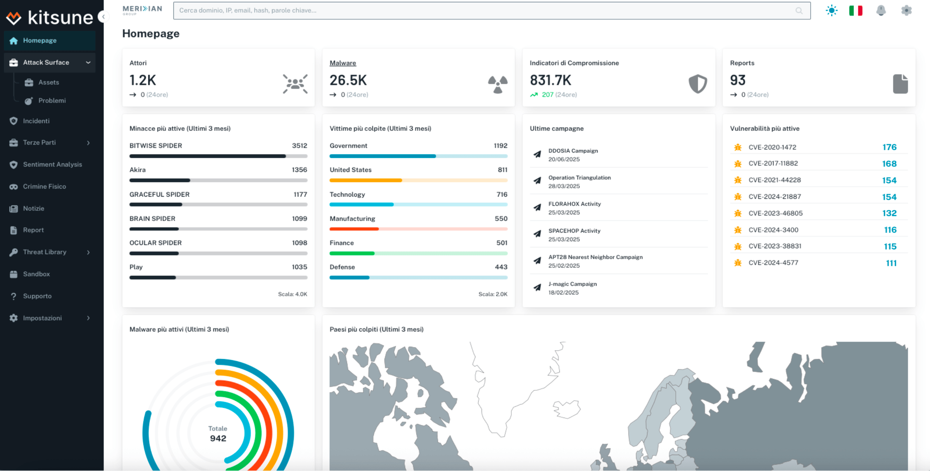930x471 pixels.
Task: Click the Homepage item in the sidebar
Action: coord(40,41)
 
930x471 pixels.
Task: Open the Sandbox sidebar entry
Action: coord(36,274)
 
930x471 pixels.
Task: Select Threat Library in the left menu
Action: coord(45,252)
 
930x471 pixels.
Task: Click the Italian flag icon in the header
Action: coord(856,10)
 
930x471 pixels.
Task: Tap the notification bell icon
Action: coord(881,10)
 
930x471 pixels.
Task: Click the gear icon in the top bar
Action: coord(906,10)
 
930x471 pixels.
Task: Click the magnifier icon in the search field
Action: coord(799,11)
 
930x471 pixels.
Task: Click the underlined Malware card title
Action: coord(343,63)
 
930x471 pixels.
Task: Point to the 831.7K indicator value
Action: coord(550,80)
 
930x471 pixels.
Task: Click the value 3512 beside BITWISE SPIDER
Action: coord(299,146)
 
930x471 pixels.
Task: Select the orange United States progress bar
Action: coord(366,180)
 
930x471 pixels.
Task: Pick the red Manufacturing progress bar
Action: coord(354,229)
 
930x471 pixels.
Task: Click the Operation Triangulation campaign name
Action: coord(579,178)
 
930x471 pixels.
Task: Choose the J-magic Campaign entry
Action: coord(572,284)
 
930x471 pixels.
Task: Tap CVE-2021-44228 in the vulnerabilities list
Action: coord(774,180)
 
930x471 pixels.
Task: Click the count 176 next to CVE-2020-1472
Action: coord(889,147)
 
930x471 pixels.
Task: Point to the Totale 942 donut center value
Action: coord(218,438)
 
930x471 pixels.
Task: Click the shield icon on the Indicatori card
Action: coord(697,84)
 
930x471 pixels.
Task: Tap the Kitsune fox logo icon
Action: coord(14,18)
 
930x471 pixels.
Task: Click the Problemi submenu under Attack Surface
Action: coord(52,101)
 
